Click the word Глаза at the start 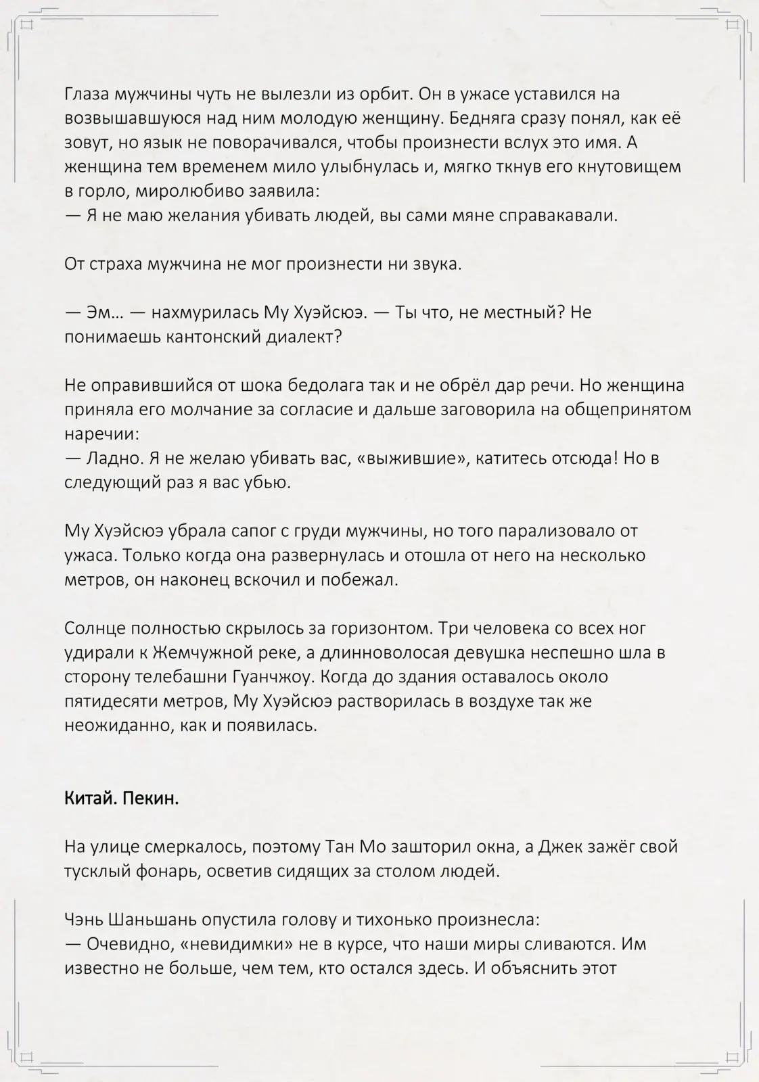tap(87, 93)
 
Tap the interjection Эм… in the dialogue tap(102, 312)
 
